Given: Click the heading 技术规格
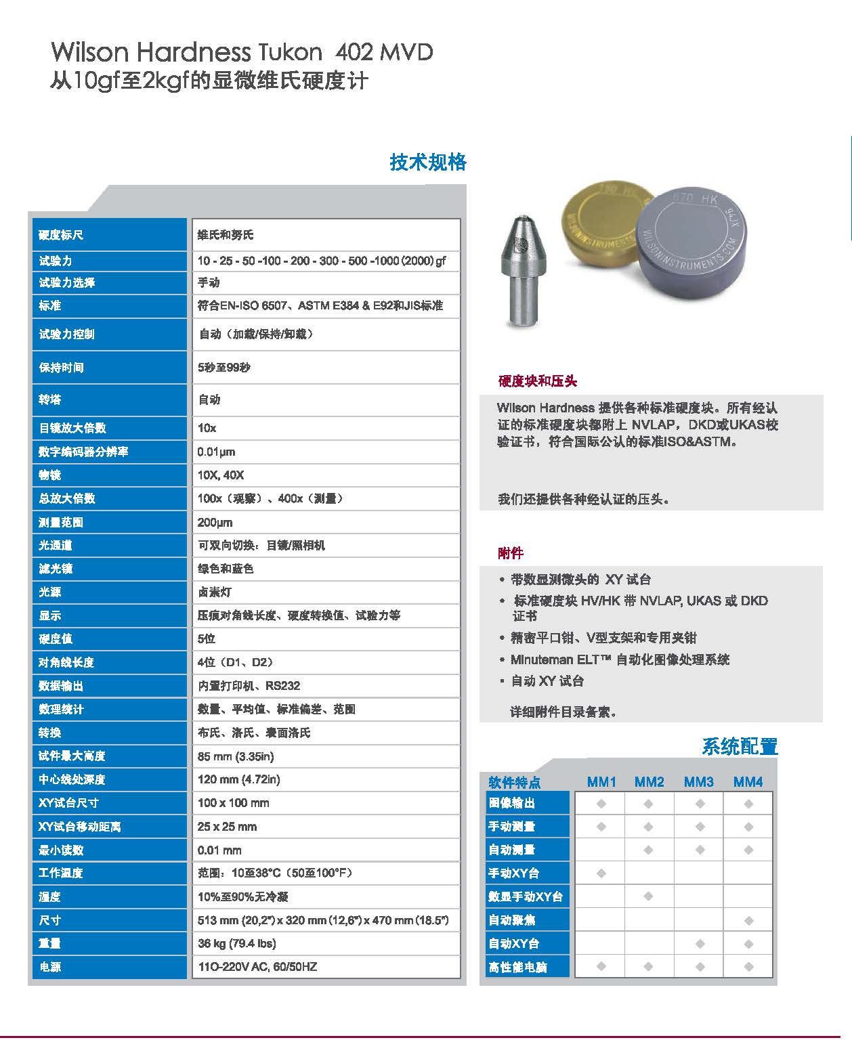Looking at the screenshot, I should point(428,162).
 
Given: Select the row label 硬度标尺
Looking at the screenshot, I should point(61,235).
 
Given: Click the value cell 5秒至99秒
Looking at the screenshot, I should point(224,368).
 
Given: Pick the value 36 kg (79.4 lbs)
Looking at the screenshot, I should point(236,943).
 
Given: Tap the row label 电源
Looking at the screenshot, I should point(50,967).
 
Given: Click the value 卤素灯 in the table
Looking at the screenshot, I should point(215,592).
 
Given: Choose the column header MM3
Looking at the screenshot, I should point(698,782).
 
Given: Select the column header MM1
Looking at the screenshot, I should point(601,782).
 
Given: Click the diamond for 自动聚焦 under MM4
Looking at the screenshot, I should point(748,920).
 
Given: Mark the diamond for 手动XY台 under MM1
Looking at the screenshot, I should point(601,873).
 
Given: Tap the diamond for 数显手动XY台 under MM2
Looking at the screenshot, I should point(649,896).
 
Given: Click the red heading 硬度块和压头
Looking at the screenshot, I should point(538,381).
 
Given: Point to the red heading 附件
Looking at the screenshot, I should point(511,553).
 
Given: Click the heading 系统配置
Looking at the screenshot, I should point(740,747).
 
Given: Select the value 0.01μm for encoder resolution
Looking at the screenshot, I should point(216,452).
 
